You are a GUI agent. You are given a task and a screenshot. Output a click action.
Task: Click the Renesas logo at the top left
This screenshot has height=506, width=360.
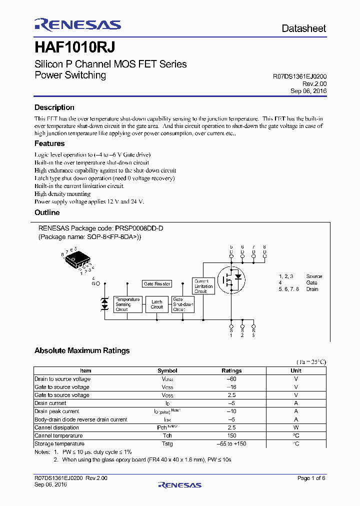[x=77, y=25]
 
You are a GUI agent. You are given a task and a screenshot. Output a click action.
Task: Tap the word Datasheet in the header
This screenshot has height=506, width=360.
[x=303, y=28]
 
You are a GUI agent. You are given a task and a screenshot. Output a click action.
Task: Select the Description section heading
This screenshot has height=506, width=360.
[x=54, y=107]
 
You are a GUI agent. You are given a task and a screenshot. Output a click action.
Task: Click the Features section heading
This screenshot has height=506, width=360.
[x=49, y=143]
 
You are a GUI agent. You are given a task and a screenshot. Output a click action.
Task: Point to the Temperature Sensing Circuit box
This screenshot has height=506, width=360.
[x=127, y=304]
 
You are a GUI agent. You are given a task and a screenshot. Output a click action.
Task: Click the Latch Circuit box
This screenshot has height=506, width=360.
[x=157, y=304]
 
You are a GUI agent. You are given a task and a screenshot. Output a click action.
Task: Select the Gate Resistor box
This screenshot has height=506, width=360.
[x=157, y=283]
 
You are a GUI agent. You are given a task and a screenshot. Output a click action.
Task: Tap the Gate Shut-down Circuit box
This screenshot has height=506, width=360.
[x=182, y=304]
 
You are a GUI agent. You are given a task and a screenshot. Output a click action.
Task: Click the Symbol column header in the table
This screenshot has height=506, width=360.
[x=167, y=370]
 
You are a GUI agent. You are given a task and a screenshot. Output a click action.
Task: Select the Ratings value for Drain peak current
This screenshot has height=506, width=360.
[x=231, y=411]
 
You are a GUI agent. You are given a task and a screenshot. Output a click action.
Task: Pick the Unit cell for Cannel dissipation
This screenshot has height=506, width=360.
[x=296, y=427]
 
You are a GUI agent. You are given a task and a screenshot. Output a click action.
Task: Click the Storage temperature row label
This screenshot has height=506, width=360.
[x=59, y=443]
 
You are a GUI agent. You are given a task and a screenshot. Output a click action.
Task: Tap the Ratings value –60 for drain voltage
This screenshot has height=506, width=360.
[x=231, y=379]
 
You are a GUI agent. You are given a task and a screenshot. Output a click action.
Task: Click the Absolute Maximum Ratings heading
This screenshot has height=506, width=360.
[x=82, y=350]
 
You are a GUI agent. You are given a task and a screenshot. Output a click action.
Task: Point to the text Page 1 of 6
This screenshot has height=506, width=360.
[x=311, y=478]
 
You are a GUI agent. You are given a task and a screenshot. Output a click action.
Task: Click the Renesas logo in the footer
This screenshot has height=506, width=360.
[x=179, y=484]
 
